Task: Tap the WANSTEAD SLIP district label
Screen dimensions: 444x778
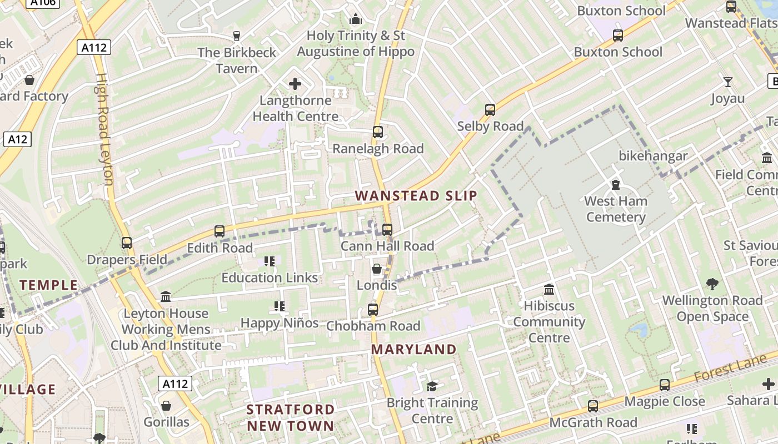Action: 416,196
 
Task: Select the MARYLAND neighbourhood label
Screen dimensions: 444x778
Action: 413,350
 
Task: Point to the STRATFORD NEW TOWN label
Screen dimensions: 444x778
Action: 291,418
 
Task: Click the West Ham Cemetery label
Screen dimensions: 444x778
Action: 616,209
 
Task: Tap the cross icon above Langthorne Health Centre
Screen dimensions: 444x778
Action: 295,84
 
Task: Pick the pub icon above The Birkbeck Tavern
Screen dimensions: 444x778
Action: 237,36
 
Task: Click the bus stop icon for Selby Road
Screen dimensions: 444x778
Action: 490,110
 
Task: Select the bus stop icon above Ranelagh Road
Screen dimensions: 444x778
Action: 378,132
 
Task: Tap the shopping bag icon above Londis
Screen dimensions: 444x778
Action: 377,269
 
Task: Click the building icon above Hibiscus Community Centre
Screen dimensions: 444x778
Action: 549,289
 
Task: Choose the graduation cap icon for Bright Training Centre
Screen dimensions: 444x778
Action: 432,386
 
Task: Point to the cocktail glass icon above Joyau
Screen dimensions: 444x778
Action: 728,83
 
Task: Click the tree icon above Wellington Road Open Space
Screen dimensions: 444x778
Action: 712,284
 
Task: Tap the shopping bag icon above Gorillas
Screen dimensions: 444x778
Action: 166,406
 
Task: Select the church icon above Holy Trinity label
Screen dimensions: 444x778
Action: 356,19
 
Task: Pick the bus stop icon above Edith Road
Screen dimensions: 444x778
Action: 220,231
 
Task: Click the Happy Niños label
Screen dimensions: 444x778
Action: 280,322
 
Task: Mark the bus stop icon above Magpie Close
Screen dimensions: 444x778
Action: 664,385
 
